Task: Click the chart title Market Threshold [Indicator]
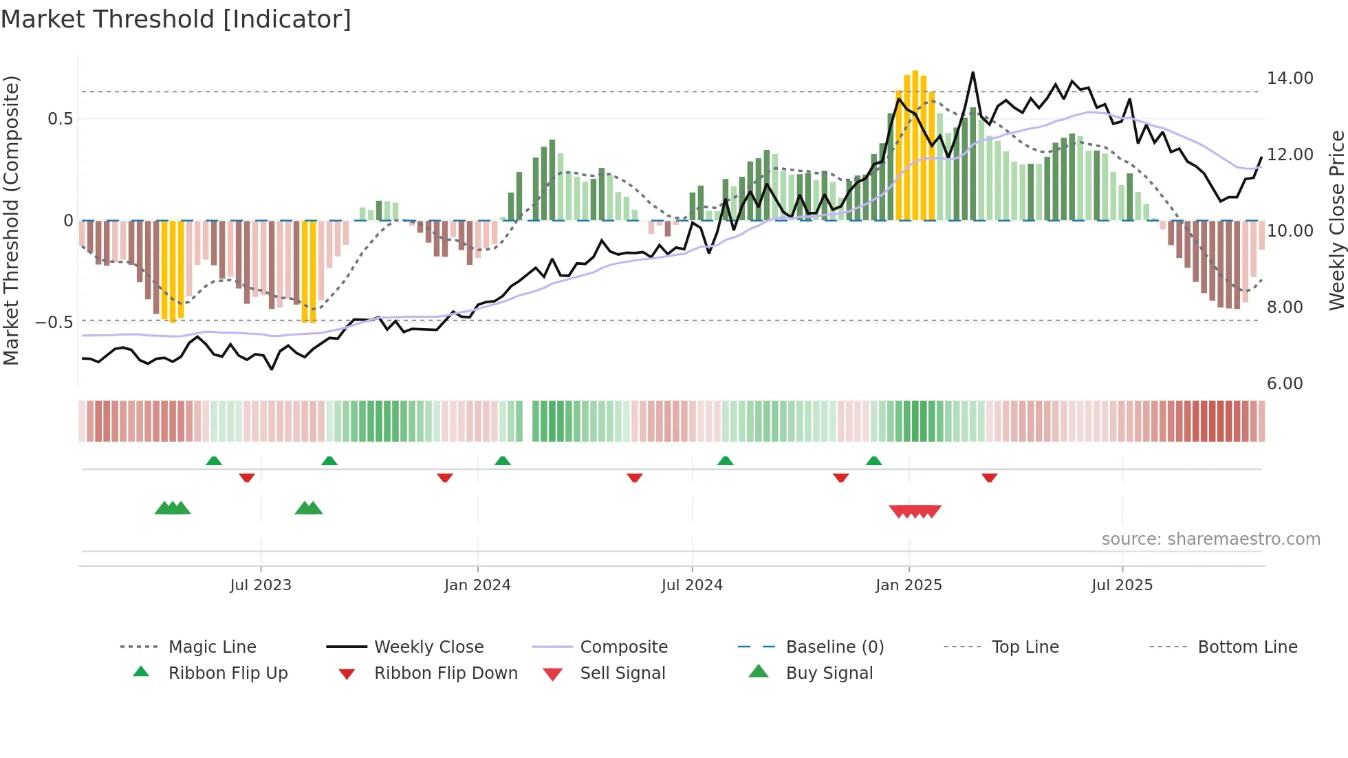176,19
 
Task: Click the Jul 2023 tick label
261,585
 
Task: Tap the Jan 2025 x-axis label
909,585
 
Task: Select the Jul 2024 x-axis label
692,585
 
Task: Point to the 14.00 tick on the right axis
1290,78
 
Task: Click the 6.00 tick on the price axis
1285,384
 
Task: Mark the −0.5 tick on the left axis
54,323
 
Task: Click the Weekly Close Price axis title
1336,220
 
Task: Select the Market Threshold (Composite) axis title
11,220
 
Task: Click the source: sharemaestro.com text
1210,539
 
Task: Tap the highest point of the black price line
972,72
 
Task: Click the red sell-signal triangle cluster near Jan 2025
915,511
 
